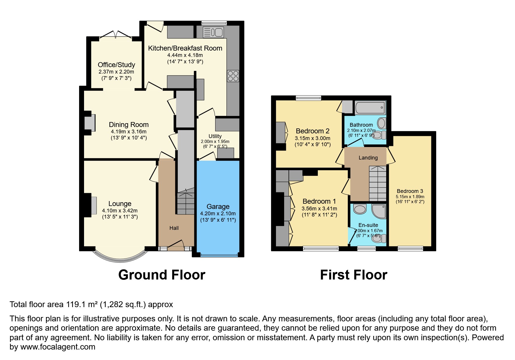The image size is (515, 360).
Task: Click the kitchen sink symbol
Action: coord(213,32)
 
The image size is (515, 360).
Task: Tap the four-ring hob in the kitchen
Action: coord(233,76)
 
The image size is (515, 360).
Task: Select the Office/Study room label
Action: coord(116,65)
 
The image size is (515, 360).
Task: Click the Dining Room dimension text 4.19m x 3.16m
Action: coord(129,132)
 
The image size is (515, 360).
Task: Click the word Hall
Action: coord(174,228)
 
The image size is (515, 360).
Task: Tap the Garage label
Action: coord(218,207)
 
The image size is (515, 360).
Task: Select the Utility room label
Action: coord(215,136)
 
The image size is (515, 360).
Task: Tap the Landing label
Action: coord(368,158)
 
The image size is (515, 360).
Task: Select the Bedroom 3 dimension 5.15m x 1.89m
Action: coord(410,197)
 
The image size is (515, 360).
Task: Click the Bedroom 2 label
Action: coord(312,131)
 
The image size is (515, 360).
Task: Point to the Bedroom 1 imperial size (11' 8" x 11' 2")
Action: coord(319,215)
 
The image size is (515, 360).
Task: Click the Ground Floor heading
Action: coord(162,275)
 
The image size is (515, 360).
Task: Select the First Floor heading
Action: coord(353,275)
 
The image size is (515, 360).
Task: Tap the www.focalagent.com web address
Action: coord(57,347)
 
